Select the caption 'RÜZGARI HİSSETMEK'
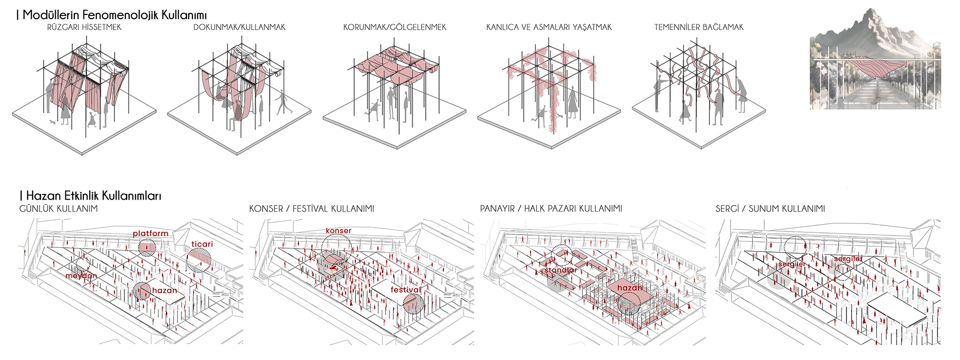pos(84,27)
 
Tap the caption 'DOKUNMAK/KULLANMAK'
pos(239,27)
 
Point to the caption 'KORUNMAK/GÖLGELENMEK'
pos(395,27)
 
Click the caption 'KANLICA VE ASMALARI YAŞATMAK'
pos(549,27)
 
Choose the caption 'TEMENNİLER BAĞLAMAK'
pos(698,27)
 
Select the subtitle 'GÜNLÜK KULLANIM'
pos(59,209)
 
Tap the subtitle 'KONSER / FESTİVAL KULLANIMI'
pos(312,209)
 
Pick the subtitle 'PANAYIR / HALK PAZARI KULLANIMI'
pos(551,209)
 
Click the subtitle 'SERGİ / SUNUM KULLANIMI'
pos(770,209)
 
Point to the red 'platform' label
pos(151,234)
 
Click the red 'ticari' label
pos(202,244)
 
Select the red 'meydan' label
pos(81,276)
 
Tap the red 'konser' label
pos(338,231)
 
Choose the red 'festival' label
pos(406,290)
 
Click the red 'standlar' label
pos(561,270)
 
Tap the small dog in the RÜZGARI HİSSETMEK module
pos(52,122)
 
